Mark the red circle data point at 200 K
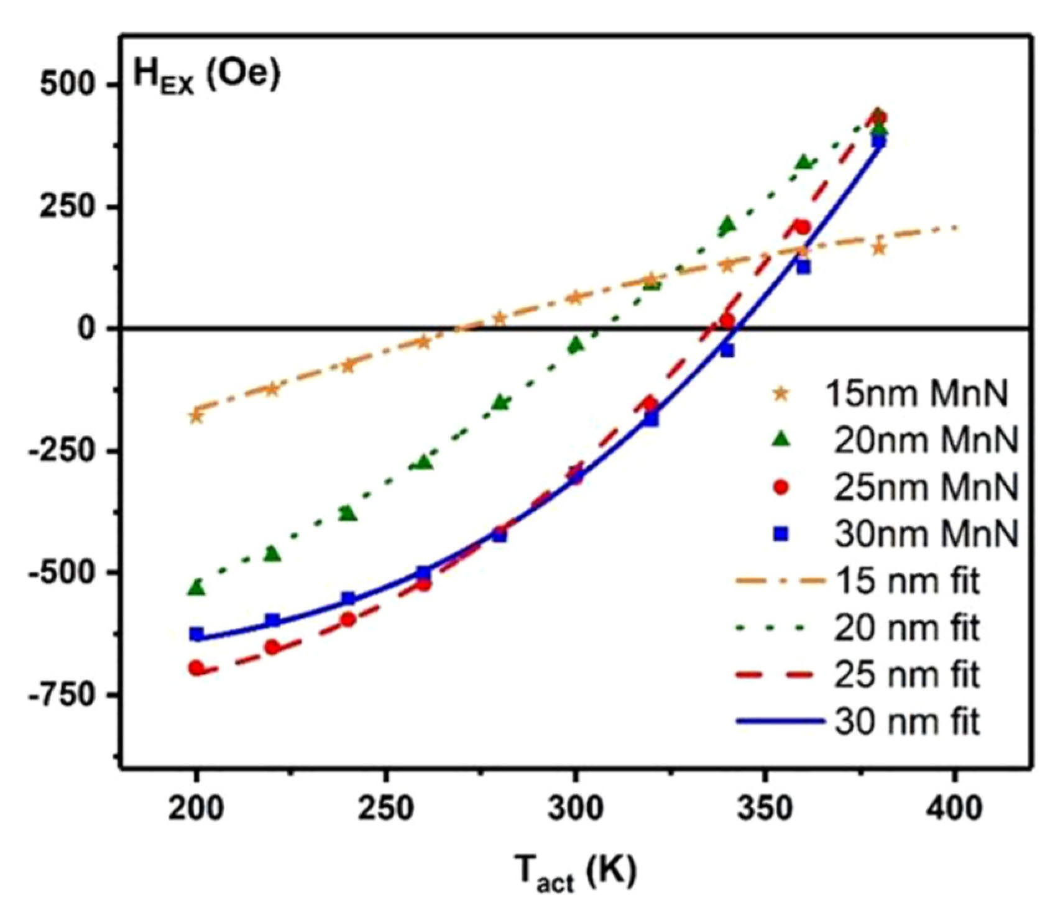click(x=196, y=668)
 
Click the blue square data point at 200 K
click(x=196, y=634)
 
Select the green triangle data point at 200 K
click(x=196, y=587)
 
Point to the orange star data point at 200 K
click(x=196, y=416)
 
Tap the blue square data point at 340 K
click(x=727, y=351)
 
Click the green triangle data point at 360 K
click(x=803, y=162)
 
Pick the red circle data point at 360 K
click(x=803, y=228)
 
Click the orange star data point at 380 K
click(x=878, y=248)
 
